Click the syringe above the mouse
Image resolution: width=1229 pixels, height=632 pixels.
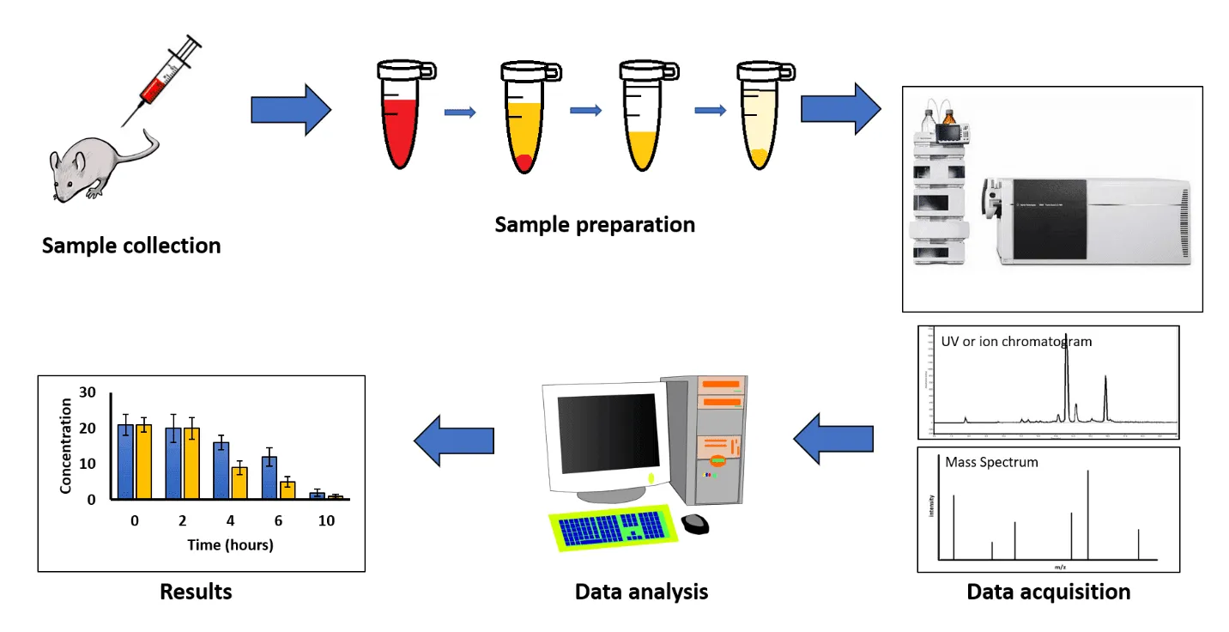[x=164, y=78]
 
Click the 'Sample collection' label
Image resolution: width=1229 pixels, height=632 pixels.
[x=131, y=246]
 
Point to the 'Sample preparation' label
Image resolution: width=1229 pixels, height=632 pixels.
[x=595, y=225]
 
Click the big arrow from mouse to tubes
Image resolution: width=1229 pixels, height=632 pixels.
[x=290, y=110]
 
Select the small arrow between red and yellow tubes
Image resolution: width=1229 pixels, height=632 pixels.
[x=460, y=112]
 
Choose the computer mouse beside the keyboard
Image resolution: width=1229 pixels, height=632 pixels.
[x=695, y=522]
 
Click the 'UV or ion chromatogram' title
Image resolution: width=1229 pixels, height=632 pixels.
[x=1010, y=341]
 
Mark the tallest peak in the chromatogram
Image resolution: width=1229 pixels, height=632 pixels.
[x=1066, y=369]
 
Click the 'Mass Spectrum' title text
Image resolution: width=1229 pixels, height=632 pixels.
[x=991, y=462]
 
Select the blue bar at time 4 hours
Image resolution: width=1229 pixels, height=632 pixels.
[x=221, y=470]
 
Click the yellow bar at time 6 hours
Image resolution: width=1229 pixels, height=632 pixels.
[x=288, y=489]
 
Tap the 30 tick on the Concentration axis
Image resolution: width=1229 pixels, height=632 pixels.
[x=87, y=392]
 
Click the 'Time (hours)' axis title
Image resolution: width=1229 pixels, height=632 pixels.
[x=230, y=544]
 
